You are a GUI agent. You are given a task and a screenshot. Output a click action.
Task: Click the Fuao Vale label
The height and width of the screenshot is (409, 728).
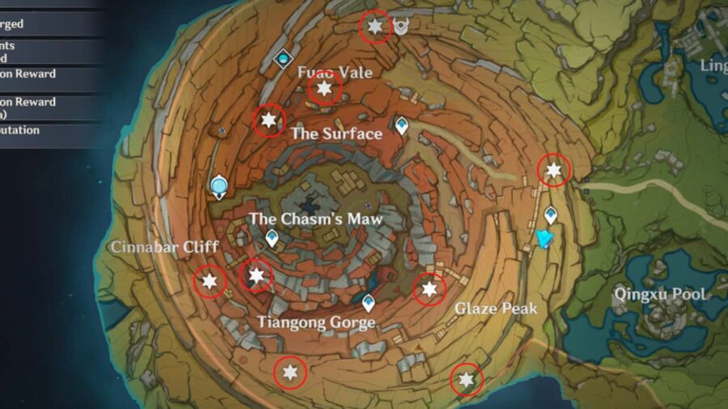click(x=335, y=73)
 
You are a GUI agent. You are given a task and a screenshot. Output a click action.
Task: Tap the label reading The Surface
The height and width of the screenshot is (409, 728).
click(x=336, y=133)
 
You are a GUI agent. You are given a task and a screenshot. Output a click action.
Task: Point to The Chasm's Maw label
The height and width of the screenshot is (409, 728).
click(x=315, y=219)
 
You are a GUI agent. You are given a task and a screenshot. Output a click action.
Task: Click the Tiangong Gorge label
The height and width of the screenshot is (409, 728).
click(x=316, y=323)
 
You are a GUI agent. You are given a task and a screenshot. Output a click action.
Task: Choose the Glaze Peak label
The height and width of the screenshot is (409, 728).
click(x=496, y=309)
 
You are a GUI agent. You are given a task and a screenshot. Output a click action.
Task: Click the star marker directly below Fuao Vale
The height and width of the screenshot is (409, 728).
click(x=324, y=89)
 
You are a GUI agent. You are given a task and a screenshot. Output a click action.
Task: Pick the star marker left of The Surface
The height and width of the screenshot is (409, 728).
click(x=269, y=121)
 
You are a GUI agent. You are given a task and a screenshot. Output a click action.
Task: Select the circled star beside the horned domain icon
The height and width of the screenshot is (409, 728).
click(x=375, y=27)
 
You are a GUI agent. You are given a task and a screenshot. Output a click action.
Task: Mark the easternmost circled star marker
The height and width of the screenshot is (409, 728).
click(x=554, y=171)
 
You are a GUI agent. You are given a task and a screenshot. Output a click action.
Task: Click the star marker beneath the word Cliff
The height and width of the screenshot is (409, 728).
click(x=210, y=281)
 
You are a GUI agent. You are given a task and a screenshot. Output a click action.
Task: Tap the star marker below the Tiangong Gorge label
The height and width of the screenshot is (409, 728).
click(x=290, y=373)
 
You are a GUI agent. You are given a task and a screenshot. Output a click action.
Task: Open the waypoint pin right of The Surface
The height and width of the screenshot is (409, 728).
click(x=401, y=124)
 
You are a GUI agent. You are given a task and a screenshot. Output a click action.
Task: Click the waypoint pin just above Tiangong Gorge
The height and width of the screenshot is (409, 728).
click(x=369, y=304)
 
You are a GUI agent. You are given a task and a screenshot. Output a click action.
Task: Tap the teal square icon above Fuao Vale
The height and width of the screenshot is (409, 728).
click(x=283, y=58)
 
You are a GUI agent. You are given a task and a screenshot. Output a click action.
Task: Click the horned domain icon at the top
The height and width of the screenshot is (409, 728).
click(x=401, y=28)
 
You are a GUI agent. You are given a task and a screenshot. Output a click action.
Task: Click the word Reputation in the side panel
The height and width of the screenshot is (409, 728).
click(x=19, y=130)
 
